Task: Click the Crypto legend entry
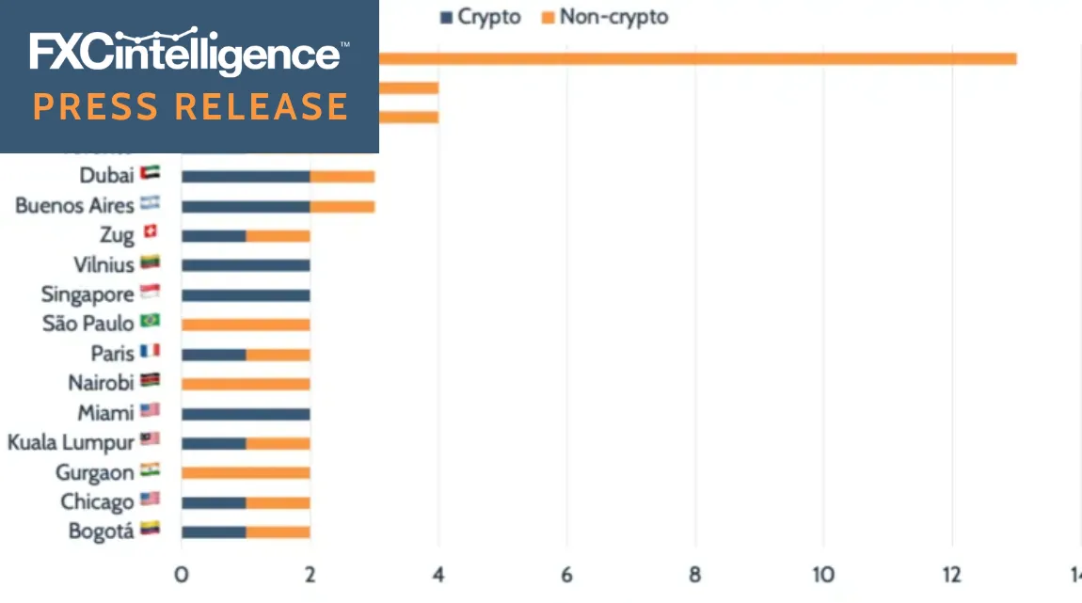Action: (x=481, y=17)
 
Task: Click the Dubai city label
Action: (x=106, y=176)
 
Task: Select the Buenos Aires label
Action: (x=74, y=206)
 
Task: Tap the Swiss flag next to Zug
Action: (x=150, y=234)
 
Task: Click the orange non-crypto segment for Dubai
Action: (x=342, y=177)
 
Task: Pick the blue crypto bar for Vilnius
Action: (x=246, y=265)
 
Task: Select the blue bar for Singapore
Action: (x=246, y=294)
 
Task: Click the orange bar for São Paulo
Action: (x=246, y=325)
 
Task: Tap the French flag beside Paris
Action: (x=150, y=353)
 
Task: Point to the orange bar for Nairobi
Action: (x=246, y=383)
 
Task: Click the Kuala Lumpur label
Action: (x=71, y=441)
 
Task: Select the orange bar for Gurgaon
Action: (x=246, y=471)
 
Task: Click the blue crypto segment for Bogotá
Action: (x=214, y=531)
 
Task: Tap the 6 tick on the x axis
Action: (x=567, y=575)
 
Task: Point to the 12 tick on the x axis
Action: (x=952, y=575)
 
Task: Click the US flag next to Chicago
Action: (x=150, y=500)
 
